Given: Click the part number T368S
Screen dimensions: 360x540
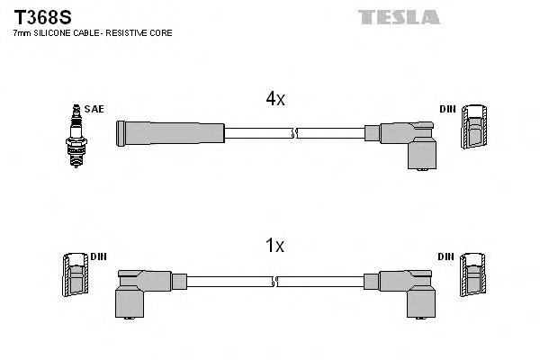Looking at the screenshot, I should coord(36,16).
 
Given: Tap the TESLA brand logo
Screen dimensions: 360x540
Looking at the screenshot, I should coord(399,17).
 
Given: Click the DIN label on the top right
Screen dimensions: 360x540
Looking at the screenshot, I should coord(447,109).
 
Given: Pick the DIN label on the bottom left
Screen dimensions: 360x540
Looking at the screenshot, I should coord(98,256).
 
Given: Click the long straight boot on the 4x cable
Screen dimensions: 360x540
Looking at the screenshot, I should coord(169,132).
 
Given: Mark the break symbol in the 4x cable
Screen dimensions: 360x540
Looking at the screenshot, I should coord(294,133).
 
